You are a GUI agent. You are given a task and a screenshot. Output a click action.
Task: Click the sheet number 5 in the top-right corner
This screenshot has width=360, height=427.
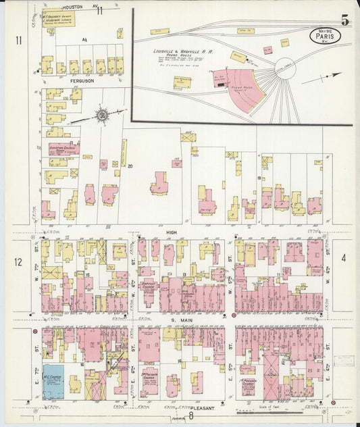pyautogui.click(x=344, y=21)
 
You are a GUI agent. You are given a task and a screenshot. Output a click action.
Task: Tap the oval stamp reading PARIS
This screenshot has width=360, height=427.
pyautogui.click(x=325, y=34)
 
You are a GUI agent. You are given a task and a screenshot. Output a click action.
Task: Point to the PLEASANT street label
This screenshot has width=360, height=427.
pyautogui.click(x=202, y=408)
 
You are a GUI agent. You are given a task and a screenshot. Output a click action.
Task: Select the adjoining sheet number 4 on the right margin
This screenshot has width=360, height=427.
pyautogui.click(x=343, y=257)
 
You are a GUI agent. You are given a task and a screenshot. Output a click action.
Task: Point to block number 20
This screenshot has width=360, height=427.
pyautogui.click(x=130, y=166)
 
